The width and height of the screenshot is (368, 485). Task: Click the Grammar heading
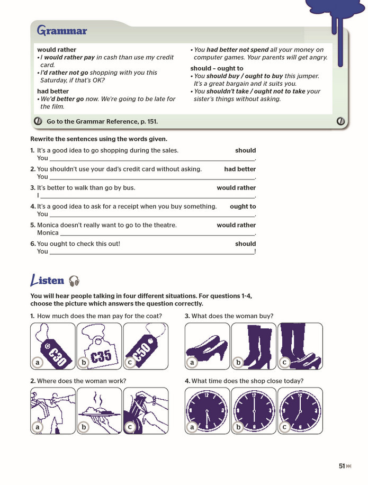pos(62,31)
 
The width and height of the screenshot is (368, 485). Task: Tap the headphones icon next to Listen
pos(74,281)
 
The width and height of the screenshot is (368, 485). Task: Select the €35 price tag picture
pos(99,346)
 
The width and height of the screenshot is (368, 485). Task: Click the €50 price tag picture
pos(146,346)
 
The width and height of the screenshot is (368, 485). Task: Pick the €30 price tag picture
pos(53,346)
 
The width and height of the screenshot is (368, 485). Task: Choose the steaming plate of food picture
pos(99,411)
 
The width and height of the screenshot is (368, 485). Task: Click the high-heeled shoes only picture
pos(207,346)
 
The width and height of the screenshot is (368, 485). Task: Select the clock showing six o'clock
pos(254,411)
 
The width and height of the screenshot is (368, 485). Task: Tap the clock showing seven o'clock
pos(300,411)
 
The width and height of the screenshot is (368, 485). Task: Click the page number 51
pos(342,466)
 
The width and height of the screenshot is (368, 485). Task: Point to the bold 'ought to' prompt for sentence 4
pos(243,206)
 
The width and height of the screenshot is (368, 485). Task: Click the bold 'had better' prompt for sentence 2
pos(240,169)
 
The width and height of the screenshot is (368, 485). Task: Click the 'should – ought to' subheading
pos(217,68)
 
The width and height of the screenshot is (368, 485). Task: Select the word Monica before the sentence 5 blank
pos(48,232)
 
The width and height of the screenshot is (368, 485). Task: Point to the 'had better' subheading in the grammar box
pos(53,91)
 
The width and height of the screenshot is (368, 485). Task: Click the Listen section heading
pos(47,280)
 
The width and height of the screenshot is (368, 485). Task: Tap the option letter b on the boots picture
pos(238,362)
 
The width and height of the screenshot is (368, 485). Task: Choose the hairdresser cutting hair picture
pos(146,411)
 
